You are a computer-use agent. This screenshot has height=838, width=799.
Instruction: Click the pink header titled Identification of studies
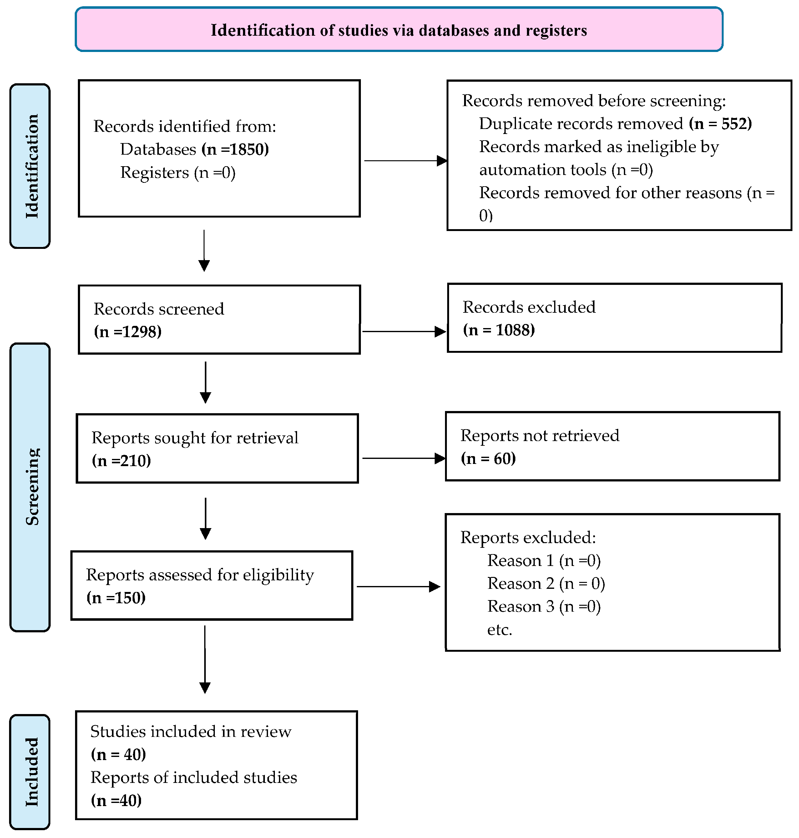click(x=399, y=29)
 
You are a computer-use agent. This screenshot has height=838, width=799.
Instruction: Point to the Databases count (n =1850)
click(x=235, y=149)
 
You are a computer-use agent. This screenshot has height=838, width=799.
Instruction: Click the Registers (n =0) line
click(x=178, y=172)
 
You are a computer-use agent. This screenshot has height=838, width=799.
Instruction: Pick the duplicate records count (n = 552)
click(x=720, y=124)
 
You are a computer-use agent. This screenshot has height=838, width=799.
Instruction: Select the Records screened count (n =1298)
click(x=128, y=332)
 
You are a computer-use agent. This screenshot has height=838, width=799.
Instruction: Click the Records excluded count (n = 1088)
click(x=499, y=330)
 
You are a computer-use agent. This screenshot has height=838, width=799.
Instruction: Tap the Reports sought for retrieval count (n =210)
click(x=121, y=461)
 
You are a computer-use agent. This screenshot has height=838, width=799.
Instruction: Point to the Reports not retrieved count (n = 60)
click(x=488, y=459)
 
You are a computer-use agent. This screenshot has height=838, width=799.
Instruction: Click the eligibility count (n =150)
click(x=116, y=598)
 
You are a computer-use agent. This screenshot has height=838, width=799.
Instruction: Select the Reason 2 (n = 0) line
click(x=546, y=584)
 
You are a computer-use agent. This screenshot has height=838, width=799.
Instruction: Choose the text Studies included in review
click(x=191, y=732)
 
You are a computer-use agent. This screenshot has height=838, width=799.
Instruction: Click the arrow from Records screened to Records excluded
click(x=404, y=332)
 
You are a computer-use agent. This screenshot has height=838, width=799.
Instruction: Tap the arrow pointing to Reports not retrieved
click(x=404, y=458)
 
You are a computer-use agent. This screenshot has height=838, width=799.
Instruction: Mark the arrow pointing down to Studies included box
click(x=205, y=659)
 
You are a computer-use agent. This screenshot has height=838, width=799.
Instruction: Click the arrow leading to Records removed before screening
click(x=406, y=161)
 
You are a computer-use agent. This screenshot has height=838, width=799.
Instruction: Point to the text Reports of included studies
click(x=194, y=778)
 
